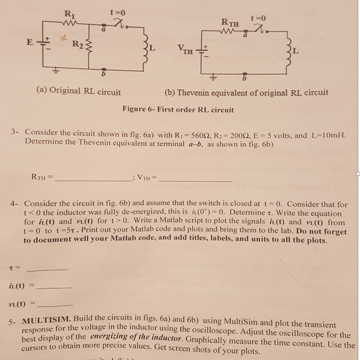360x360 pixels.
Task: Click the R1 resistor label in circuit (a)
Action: coord(69,14)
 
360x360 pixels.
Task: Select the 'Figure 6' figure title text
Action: coord(178,109)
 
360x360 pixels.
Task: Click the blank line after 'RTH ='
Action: coord(94,179)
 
